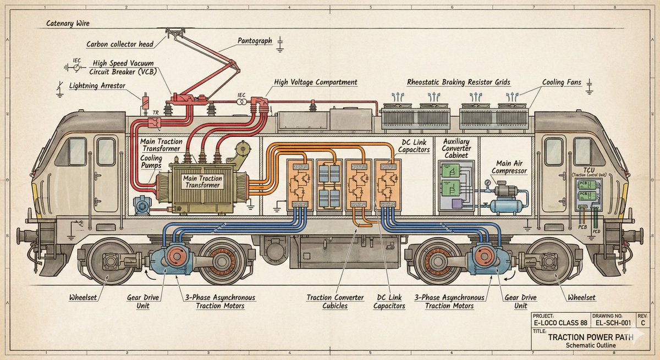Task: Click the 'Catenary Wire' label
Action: point(67,24)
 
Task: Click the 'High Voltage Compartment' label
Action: point(316,82)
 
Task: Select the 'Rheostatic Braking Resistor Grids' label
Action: point(459,82)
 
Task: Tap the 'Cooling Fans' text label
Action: point(562,82)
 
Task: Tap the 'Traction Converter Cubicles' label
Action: point(335,302)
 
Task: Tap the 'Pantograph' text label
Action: point(255,41)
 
